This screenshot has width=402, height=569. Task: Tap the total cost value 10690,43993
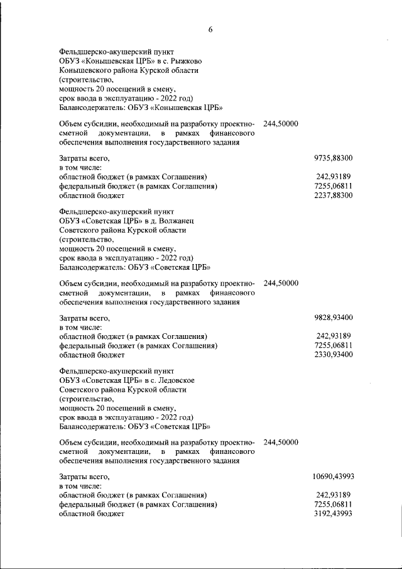[333, 477]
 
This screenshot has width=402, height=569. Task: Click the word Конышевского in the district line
[88, 70]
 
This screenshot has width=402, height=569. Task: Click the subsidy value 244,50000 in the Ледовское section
[281, 442]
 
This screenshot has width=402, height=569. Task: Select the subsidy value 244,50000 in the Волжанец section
[281, 283]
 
